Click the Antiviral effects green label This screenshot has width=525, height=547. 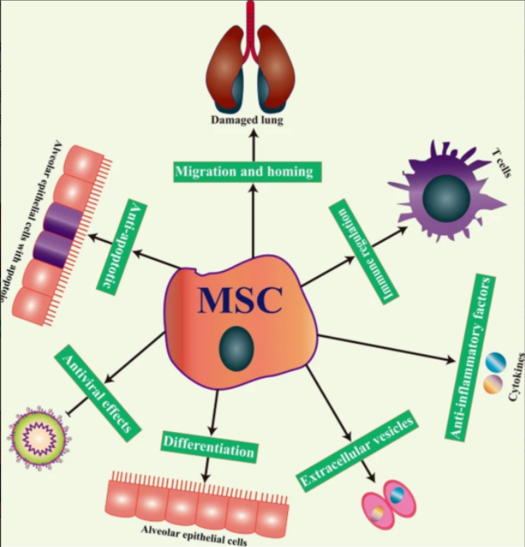(96, 393)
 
